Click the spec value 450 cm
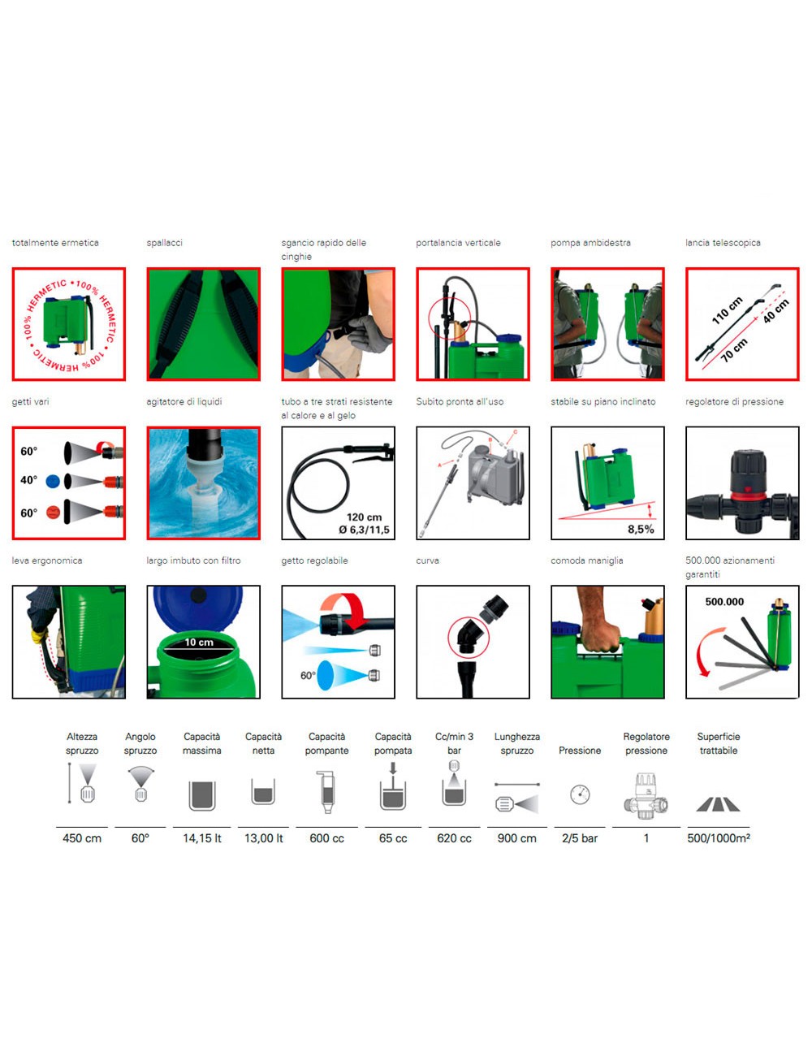81,837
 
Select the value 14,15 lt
202,837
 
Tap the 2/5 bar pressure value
580,837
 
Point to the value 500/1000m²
719,837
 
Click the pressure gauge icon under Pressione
580,794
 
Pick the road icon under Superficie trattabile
718,805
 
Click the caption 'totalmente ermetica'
55,243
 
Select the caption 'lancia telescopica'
723,243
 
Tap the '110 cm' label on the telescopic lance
727,310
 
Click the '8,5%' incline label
641,529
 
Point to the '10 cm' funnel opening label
199,642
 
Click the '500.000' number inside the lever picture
724,602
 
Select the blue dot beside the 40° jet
53,481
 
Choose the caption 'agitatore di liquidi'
184,401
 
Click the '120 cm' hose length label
364,517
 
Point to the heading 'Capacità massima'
201,743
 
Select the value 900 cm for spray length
516,837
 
